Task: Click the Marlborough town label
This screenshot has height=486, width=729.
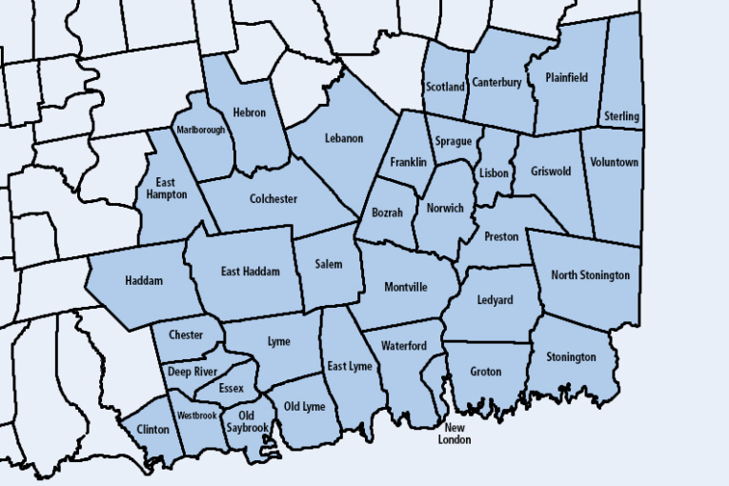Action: pos(200,130)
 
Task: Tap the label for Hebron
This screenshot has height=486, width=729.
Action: pos(250,112)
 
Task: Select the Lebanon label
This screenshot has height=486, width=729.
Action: pos(343,138)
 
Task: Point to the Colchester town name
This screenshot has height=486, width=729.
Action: pos(273,199)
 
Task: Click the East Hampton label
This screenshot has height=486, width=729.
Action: pos(166,187)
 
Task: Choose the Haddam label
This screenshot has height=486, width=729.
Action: pos(144,281)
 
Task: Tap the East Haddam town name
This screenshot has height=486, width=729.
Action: pos(251,272)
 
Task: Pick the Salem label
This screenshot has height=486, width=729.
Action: pos(329,265)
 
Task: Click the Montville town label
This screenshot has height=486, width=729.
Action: pos(406,287)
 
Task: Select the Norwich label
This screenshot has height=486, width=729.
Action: pos(445,208)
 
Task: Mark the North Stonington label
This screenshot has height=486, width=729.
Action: pos(590,275)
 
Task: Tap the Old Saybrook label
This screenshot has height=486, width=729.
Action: pos(246,421)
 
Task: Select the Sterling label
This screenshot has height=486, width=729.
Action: pos(622,117)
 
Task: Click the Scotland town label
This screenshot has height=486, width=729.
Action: pos(444,87)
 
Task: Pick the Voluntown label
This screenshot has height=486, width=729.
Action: pos(614,162)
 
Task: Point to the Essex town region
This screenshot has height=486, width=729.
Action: pos(231,389)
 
